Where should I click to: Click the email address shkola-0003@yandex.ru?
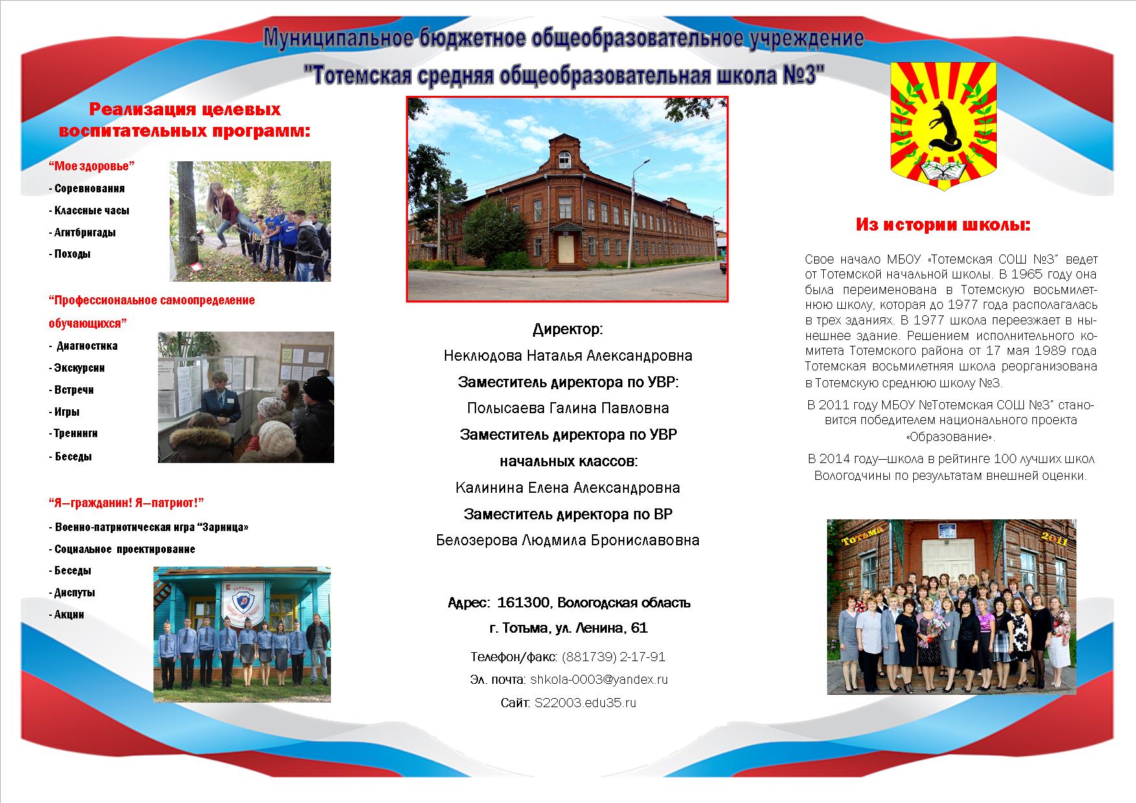[x=598, y=679]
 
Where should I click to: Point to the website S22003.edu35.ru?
[x=585, y=703]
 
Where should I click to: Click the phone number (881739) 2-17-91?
[x=613, y=657]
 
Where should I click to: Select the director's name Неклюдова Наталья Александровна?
[x=568, y=356]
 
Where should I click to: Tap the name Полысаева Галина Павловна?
[x=568, y=409]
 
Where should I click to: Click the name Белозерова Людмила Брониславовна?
[x=568, y=540]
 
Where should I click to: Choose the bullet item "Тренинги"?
[x=73, y=433]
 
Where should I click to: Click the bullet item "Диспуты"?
[x=72, y=593]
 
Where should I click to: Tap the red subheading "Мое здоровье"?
[x=91, y=166]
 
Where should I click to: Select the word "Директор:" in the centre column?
[x=568, y=330]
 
